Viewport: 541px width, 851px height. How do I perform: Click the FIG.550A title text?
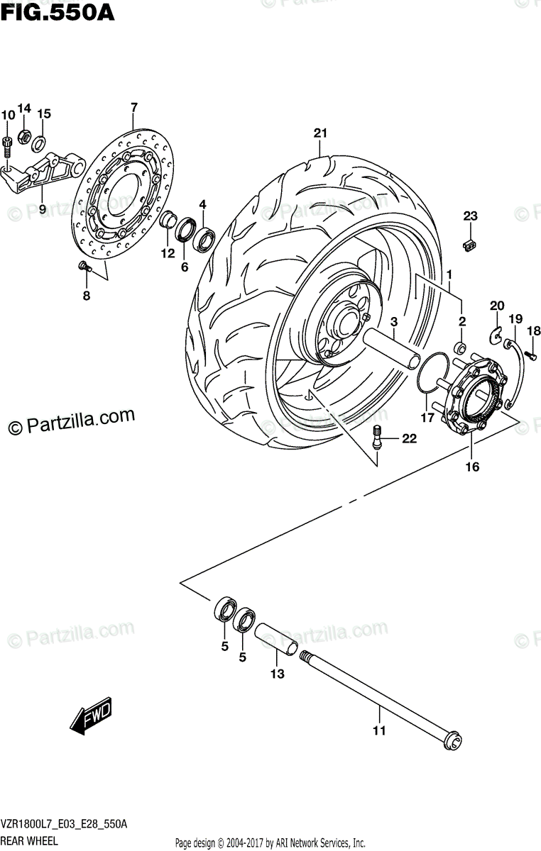click(57, 12)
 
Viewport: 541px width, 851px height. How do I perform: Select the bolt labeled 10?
click(7, 145)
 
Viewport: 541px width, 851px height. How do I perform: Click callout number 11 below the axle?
click(379, 730)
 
